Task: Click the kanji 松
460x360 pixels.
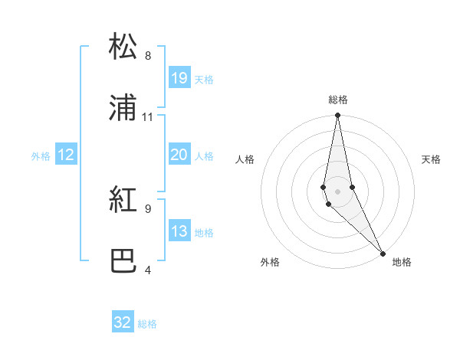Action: point(123,47)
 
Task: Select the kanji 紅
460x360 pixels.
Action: point(123,201)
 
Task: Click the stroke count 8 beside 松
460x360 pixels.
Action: point(148,55)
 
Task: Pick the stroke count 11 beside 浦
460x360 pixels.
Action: point(148,117)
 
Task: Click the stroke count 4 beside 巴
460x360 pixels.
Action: point(148,270)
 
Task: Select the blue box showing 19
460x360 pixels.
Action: point(179,78)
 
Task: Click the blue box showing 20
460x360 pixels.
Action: point(179,155)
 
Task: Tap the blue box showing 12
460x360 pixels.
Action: point(66,155)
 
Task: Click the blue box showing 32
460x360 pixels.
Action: point(123,322)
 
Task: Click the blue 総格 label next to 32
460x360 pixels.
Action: point(147,324)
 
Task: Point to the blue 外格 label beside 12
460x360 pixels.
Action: point(41,156)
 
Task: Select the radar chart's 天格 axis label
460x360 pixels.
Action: point(432,159)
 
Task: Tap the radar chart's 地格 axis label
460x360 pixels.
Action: point(402,262)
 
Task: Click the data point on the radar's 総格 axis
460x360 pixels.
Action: point(337,116)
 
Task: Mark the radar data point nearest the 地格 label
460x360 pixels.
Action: point(383,252)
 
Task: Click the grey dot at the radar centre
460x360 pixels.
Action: point(337,191)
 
